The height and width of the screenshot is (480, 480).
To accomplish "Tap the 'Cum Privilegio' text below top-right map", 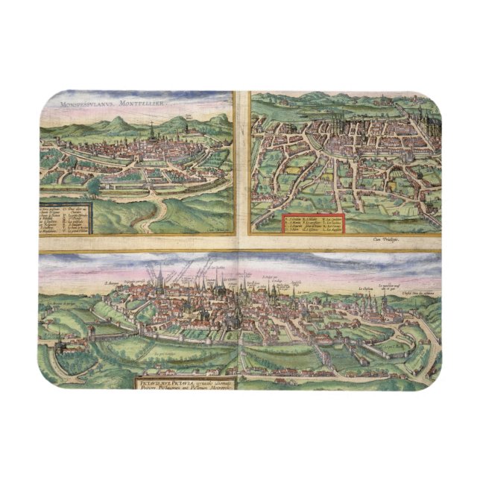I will tap(385, 239).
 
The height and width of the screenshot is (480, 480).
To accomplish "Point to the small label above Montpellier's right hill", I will tap(192, 116).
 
